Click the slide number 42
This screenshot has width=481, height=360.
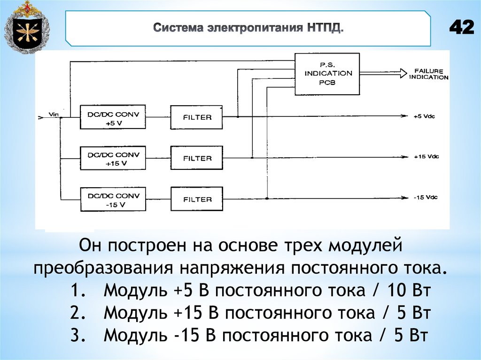462,28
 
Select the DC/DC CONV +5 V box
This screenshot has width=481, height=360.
113,117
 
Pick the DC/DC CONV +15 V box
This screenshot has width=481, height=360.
113,158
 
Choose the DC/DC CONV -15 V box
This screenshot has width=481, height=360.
113,199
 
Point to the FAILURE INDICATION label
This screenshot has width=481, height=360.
428,74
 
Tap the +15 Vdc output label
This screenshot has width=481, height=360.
426,156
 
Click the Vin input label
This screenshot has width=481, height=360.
54,114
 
